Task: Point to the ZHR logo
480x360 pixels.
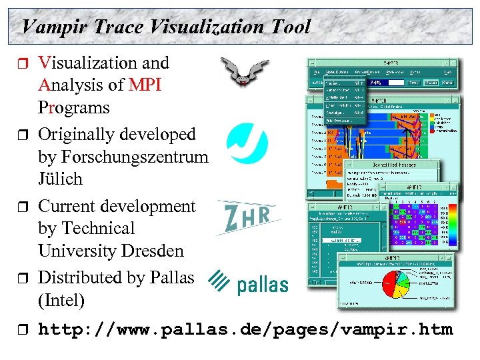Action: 247,217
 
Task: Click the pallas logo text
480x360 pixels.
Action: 263,285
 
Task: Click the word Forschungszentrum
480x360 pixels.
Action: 123,157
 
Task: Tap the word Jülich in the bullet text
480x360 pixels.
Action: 60,179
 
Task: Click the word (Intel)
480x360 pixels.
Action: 61,301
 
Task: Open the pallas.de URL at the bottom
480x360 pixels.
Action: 245,329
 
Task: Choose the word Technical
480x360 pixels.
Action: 98,229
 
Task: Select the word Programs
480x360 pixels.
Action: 73,107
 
